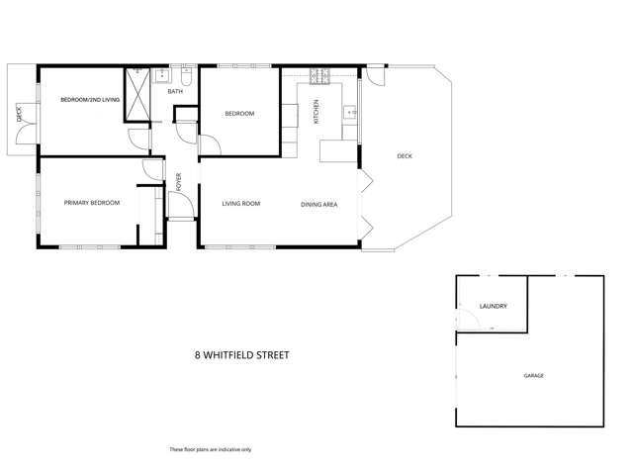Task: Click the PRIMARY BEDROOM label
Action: tap(91, 203)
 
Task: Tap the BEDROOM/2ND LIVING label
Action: tap(89, 100)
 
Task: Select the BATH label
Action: tap(175, 92)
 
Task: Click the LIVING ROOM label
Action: tap(240, 204)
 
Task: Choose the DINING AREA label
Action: tap(319, 204)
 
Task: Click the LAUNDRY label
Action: tap(493, 306)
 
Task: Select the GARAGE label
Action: tap(533, 376)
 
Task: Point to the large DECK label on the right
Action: tap(405, 156)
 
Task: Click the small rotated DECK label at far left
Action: tap(19, 114)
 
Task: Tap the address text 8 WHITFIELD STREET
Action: tap(241, 353)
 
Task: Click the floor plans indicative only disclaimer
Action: tap(211, 449)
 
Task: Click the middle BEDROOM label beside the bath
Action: tap(239, 114)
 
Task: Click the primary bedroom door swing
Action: tap(149, 170)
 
